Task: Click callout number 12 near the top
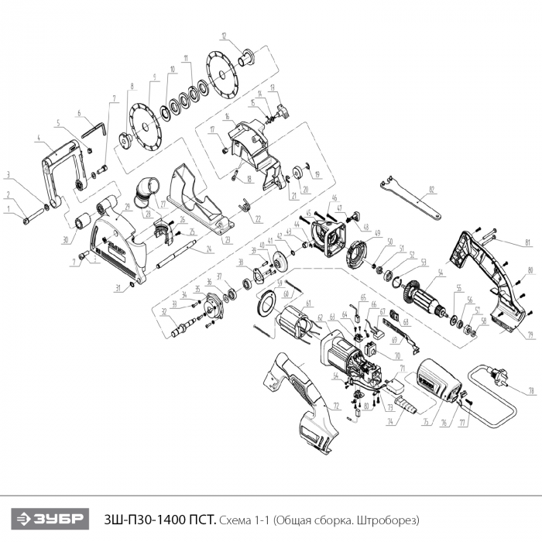(x=223, y=36)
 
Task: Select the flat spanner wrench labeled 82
(x=410, y=197)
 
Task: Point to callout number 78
(x=532, y=392)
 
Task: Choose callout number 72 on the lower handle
(x=337, y=405)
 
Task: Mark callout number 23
(x=228, y=239)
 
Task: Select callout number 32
(x=163, y=313)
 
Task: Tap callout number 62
(x=321, y=317)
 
